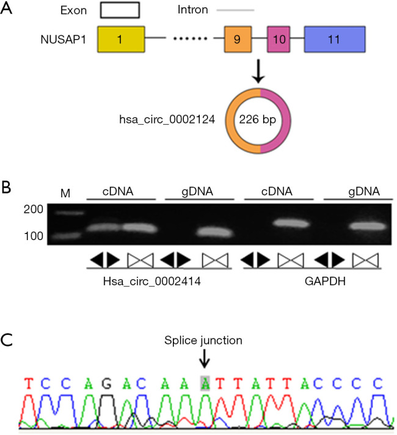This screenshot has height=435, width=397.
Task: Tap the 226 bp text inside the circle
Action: pyautogui.click(x=260, y=120)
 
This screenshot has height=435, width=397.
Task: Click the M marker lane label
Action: pyautogui.click(x=66, y=194)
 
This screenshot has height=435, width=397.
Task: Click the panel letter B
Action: pyautogui.click(x=7, y=187)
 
